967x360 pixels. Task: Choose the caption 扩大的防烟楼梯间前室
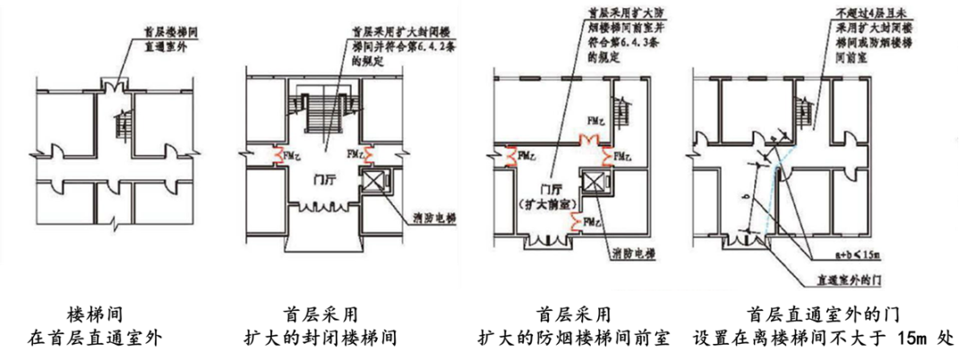point(573,339)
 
